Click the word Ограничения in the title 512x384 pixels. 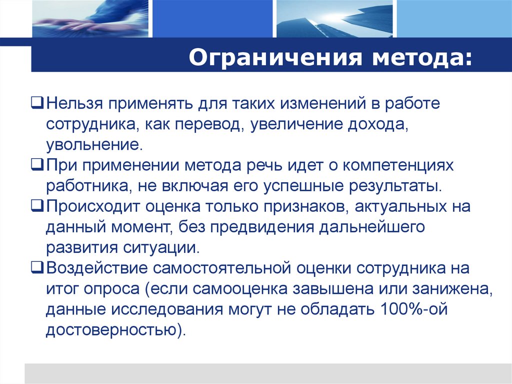[x=272, y=58]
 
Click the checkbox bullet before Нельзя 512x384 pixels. [x=39, y=104]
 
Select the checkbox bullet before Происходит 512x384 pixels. [x=39, y=205]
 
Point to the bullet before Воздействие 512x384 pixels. [x=39, y=268]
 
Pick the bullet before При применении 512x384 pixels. [x=39, y=165]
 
